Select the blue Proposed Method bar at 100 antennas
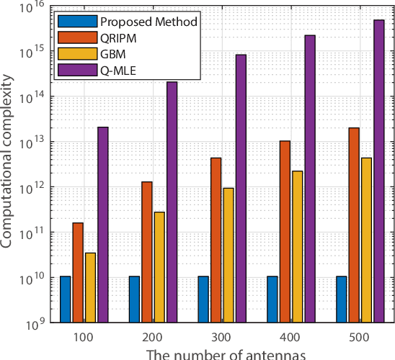click(66, 299)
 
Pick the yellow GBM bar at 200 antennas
click(159, 267)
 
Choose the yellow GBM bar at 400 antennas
click(297, 246)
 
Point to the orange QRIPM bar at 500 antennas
click(353, 225)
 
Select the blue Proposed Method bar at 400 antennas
click(272, 299)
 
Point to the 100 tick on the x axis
click(84, 337)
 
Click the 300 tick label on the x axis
click(222, 337)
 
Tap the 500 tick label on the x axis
click(360, 337)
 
